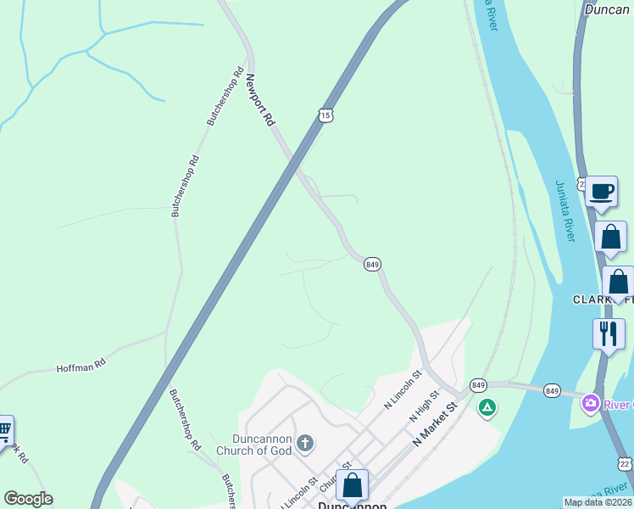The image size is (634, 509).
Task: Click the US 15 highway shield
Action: (326, 115)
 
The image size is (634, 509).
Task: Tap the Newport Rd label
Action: (261, 100)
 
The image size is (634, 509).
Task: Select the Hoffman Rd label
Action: (81, 366)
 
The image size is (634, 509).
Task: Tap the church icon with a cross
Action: (305, 443)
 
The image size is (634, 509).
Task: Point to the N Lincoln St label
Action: (403, 390)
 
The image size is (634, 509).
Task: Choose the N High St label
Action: (424, 406)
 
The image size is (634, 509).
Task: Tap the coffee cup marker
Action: (601, 191)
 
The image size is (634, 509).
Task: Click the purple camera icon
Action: (590, 402)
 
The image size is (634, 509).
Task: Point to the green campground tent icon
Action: (487, 409)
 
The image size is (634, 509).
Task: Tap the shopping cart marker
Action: (4, 429)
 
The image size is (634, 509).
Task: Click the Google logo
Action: (28, 499)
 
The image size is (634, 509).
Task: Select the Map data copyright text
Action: (598, 502)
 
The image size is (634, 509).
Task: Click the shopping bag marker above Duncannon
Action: (353, 485)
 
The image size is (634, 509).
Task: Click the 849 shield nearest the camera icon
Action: (553, 390)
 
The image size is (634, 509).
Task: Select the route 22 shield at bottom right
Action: (625, 463)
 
